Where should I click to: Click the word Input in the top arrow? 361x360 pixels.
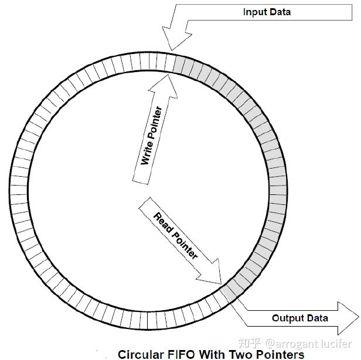255,12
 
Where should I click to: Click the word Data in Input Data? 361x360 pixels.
281,12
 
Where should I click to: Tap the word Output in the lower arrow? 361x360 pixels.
287,318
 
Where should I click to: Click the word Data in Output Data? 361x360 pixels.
316,318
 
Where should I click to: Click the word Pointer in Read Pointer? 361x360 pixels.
185,245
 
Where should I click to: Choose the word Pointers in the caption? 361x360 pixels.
280,354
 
